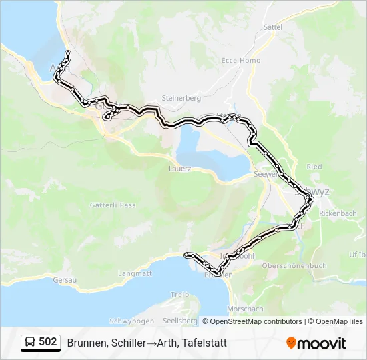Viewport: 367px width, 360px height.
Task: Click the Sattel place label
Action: pos(274,27)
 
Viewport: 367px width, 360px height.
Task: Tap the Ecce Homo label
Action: pos(241,60)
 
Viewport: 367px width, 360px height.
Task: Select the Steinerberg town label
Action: pos(181,98)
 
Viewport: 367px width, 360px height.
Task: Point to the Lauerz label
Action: pos(180,169)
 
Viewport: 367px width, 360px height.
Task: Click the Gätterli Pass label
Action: pos(113,205)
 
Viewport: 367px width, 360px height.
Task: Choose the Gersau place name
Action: pos(65,279)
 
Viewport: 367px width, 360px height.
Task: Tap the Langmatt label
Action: pos(135,273)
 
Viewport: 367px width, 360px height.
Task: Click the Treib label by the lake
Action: pos(180,294)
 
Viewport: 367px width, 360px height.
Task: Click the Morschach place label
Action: pos(244,309)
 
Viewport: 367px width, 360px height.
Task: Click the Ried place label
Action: pos(314,167)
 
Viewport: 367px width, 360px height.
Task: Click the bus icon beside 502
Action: pos(30,343)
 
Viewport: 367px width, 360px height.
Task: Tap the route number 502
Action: pos(47,342)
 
